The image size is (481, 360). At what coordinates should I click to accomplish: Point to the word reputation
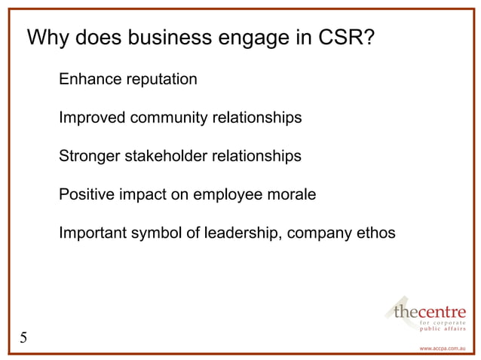[160, 79]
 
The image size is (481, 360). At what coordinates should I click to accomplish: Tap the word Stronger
[88, 157]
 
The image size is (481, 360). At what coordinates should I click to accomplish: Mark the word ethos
[374, 234]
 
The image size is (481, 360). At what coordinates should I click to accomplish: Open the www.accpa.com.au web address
[443, 349]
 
